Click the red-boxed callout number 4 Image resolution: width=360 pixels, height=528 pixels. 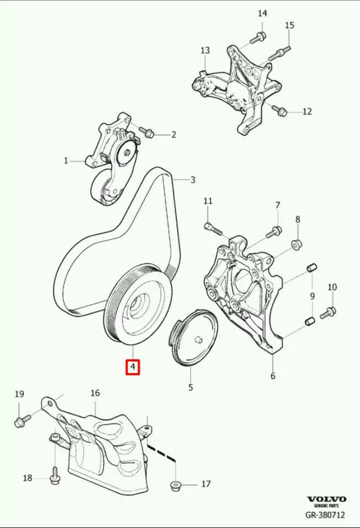tap(133, 367)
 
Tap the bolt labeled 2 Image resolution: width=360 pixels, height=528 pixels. tap(146, 132)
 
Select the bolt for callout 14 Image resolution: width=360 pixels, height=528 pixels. tap(258, 38)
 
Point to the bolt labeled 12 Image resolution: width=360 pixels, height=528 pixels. tap(279, 109)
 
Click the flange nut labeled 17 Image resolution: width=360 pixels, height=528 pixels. tap(175, 486)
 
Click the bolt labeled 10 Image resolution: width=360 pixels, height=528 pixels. tap(327, 313)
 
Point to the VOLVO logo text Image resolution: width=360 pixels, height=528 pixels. tap(326, 499)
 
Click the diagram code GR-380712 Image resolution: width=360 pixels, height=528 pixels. tap(325, 515)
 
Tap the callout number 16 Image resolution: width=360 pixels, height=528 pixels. tap(96, 393)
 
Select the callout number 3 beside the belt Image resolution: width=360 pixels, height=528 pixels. tap(193, 179)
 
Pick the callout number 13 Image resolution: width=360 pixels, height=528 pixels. tap(205, 50)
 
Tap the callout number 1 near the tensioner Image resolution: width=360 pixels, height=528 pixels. tap(66, 161)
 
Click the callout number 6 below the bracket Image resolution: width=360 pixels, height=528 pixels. tap(273, 376)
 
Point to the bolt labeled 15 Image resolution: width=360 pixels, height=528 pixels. tap(279, 52)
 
